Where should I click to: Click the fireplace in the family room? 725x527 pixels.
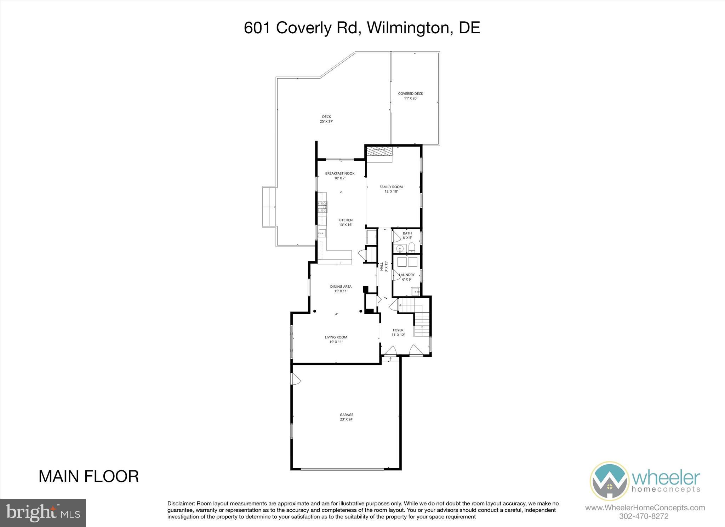click(x=379, y=152)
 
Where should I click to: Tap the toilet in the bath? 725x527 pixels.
click(x=411, y=247)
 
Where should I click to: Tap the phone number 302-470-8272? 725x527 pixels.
click(x=644, y=516)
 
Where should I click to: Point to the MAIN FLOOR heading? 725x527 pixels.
click(x=89, y=476)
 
